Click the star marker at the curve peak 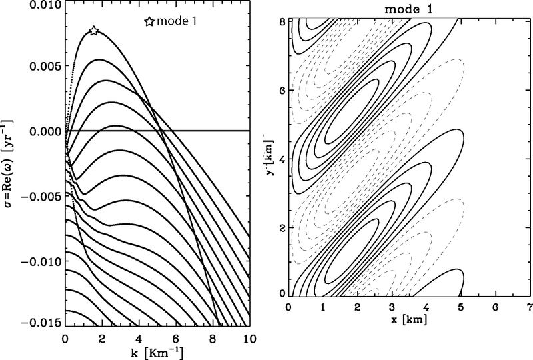[94, 31]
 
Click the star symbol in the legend [149, 21]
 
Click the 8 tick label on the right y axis [282, 22]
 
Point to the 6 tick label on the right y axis [282, 91]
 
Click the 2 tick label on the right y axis [282, 229]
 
